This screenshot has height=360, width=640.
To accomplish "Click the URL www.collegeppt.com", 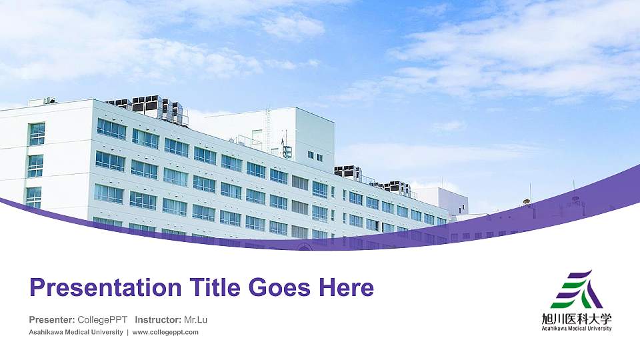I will click(x=165, y=332).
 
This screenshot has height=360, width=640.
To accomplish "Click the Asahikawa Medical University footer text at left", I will click(x=76, y=332).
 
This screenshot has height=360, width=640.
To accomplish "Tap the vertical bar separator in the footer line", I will click(x=128, y=332).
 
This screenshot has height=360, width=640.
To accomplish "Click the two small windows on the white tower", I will click(x=315, y=156).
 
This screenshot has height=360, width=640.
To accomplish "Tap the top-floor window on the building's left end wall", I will click(x=37, y=133).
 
